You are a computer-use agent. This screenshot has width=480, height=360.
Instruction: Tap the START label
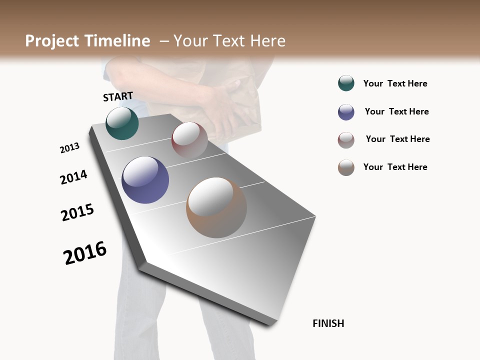[x=118, y=96]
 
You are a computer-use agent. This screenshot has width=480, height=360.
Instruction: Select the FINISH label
[x=328, y=323]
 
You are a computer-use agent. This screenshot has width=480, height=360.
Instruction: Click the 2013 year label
[x=69, y=148]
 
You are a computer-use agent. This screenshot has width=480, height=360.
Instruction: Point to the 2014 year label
[x=73, y=177]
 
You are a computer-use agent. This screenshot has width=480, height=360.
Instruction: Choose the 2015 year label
[x=77, y=212]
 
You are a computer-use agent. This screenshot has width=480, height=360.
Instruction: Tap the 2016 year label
[x=85, y=253]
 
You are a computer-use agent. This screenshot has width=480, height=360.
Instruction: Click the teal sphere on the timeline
[x=122, y=123]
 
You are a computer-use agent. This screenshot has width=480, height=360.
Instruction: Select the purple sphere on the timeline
[x=145, y=180]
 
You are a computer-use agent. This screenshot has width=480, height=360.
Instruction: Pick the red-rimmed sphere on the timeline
[x=189, y=139]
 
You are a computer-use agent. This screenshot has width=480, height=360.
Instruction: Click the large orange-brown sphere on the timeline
[x=216, y=207]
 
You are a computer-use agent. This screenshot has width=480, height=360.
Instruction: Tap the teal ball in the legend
[x=346, y=83]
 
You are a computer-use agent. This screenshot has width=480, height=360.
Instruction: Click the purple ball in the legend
[x=346, y=112]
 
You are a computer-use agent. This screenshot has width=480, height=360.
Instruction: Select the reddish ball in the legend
[x=346, y=140]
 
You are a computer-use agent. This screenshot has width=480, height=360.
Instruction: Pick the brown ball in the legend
[x=346, y=167]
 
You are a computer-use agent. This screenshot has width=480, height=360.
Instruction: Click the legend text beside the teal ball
[x=395, y=83]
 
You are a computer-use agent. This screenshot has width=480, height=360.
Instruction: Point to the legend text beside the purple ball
[x=396, y=111]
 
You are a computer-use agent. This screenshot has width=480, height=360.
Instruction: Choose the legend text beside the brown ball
[x=395, y=167]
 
